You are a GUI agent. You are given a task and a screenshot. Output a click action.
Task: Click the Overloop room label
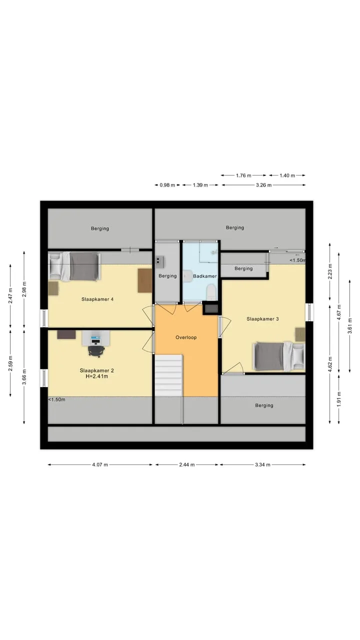pos(186,337)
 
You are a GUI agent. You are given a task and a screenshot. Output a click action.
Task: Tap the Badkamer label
pos(205,276)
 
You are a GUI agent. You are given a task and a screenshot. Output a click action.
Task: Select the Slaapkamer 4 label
pos(97,299)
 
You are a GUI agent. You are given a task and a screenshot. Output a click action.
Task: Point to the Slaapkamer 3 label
pos(262,319)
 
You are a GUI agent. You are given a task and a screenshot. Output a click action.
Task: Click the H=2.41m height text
pos(97,376)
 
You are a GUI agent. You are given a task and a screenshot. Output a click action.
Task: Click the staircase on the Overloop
pos(168,375)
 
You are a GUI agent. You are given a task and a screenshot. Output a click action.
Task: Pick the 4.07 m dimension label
pos(100,465)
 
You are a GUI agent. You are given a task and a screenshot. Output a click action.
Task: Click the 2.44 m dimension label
pos(187,465)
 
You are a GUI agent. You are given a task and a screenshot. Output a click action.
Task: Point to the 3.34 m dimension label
pos(262,465)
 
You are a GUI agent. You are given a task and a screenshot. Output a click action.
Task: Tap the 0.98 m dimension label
pos(167,185)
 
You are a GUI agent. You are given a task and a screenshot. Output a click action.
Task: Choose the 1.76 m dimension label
pos(243,175)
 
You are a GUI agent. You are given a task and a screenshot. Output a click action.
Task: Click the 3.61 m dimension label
pos(350,326)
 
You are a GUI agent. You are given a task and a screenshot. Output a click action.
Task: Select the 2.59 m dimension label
pos(10,363)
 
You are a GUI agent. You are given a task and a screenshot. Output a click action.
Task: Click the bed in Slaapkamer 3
pos(279,356)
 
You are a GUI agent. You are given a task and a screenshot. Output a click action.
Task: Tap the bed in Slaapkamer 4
pos(75,266)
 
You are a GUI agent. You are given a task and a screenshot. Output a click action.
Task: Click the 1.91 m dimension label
pos(339,399)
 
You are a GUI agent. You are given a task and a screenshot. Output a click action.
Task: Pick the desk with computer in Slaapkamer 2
pos(95,338)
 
